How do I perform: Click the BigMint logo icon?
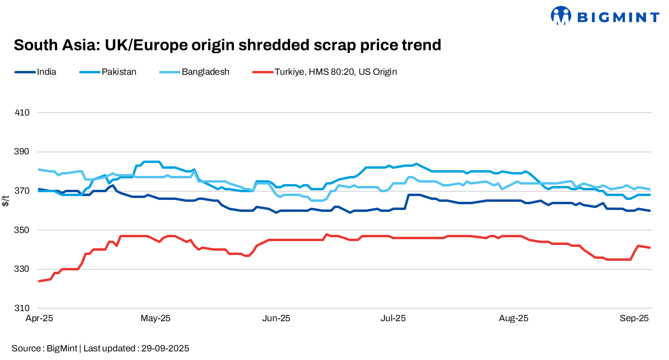coord(561,15)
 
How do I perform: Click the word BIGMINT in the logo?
coord(617,18)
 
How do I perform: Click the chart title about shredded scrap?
coord(227,45)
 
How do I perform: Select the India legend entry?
coord(46,72)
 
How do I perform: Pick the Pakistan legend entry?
coord(119,72)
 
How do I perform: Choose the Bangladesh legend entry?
coord(205,72)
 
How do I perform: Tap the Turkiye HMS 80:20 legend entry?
coord(335,72)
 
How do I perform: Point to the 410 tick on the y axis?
coord(23,113)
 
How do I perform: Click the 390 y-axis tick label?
coord(23,152)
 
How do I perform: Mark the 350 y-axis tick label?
coord(23,230)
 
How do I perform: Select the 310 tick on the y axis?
coord(23,308)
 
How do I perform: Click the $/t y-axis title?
coord(5,201)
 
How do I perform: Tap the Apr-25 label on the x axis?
coord(39,318)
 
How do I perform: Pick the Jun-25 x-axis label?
coord(277,318)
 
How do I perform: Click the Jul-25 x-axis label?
coord(393,318)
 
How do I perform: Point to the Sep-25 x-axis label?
coord(635,318)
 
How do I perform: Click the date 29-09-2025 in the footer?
coord(165,348)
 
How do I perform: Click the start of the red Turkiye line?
coord(39,281)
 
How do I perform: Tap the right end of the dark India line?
coord(650,210)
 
